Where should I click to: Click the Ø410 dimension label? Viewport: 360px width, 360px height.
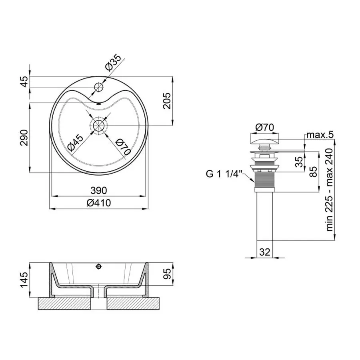(99, 203)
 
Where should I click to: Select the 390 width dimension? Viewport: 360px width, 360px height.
(98, 190)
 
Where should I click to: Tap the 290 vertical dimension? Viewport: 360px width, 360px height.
(24, 138)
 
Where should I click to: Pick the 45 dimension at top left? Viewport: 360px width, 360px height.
(24, 82)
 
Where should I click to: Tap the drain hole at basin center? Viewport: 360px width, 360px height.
(99, 126)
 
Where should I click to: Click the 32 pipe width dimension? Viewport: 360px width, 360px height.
(265, 252)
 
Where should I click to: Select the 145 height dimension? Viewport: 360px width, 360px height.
(24, 280)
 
